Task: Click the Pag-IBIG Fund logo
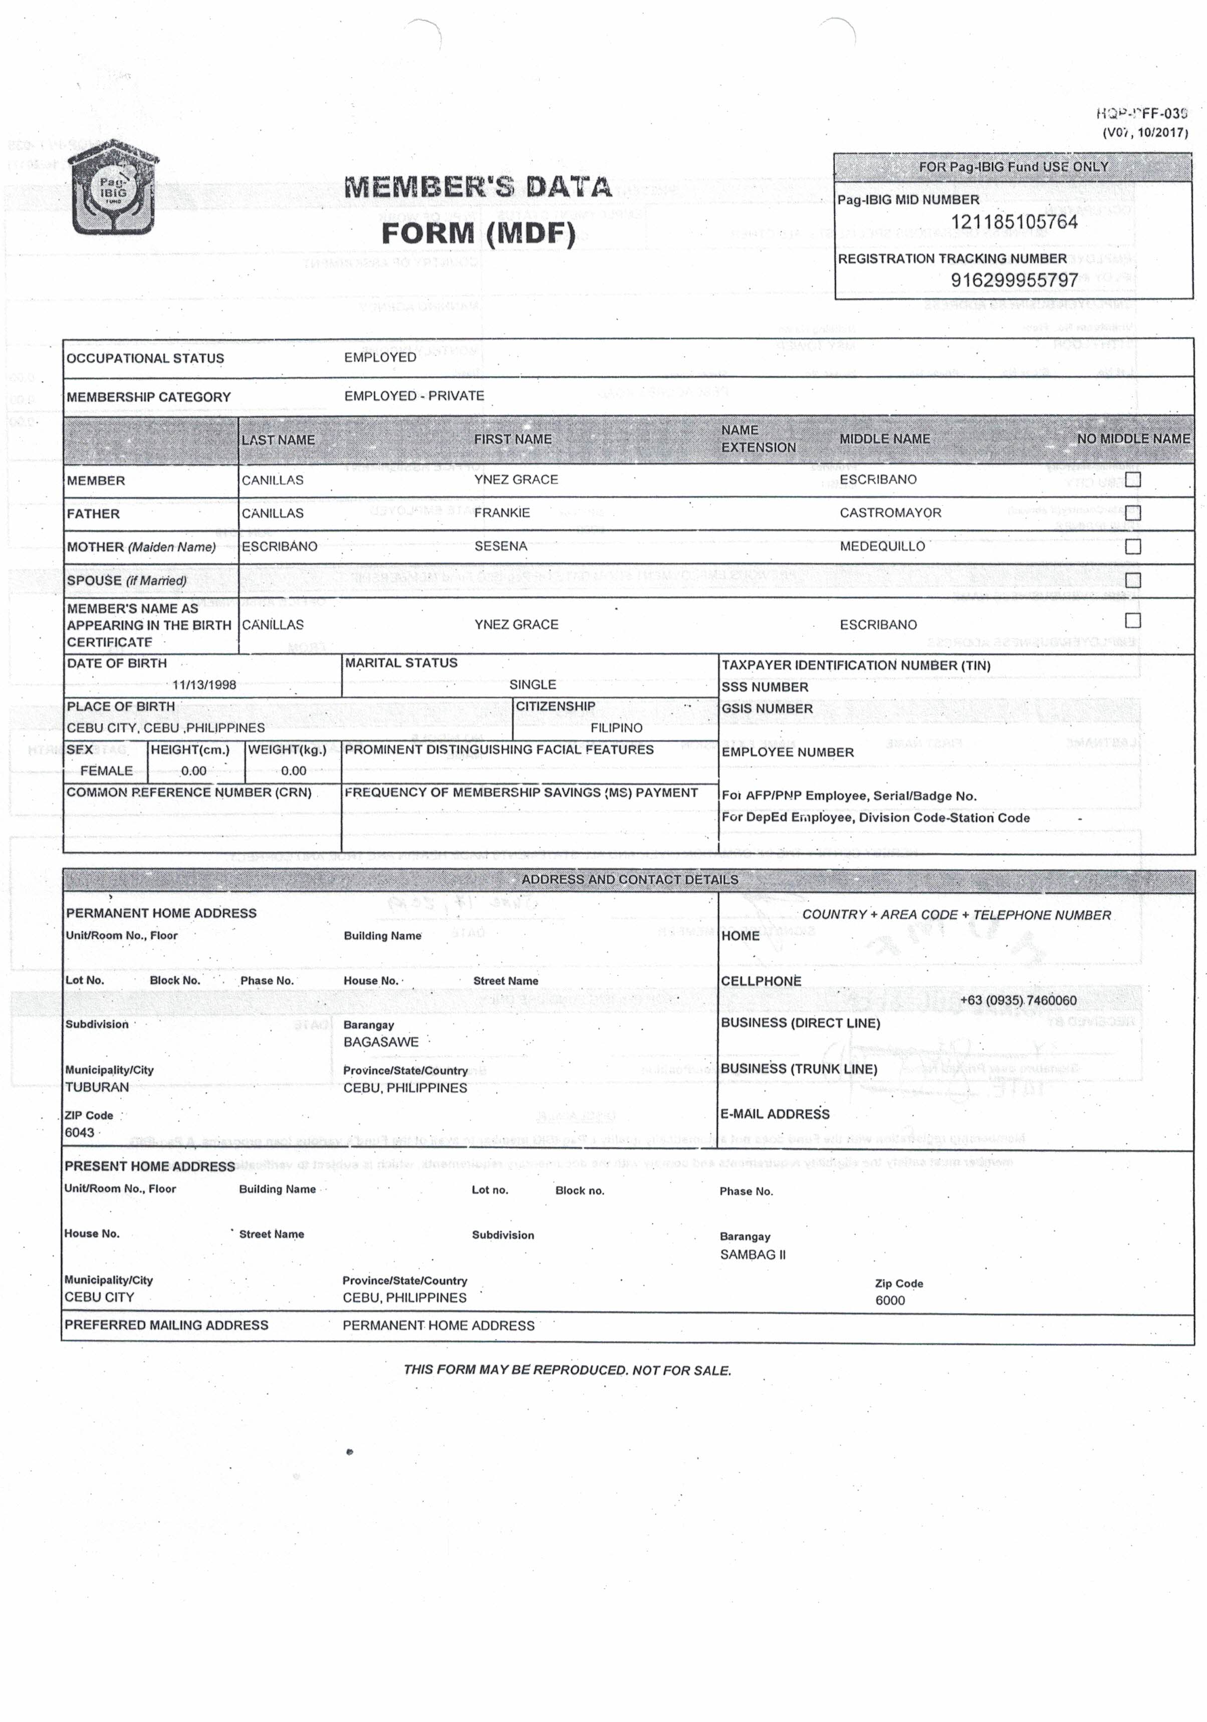click(x=113, y=187)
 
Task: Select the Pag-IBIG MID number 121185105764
click(x=1014, y=222)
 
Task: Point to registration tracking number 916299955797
click(x=1014, y=280)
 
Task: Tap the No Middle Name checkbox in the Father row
click(x=1133, y=513)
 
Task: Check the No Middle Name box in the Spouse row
click(x=1133, y=580)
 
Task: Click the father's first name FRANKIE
click(x=502, y=513)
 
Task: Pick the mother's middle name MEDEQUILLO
click(x=882, y=546)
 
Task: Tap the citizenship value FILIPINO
click(x=616, y=727)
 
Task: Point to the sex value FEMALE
click(x=107, y=770)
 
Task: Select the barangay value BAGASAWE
click(x=381, y=1042)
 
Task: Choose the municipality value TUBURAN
click(x=97, y=1087)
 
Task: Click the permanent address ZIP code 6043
click(x=80, y=1132)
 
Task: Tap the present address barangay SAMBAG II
click(x=753, y=1254)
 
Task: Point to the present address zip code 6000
click(x=890, y=1300)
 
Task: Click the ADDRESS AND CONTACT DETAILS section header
click(x=629, y=880)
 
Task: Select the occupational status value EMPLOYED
click(x=380, y=357)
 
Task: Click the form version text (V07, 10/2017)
click(x=1145, y=133)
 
